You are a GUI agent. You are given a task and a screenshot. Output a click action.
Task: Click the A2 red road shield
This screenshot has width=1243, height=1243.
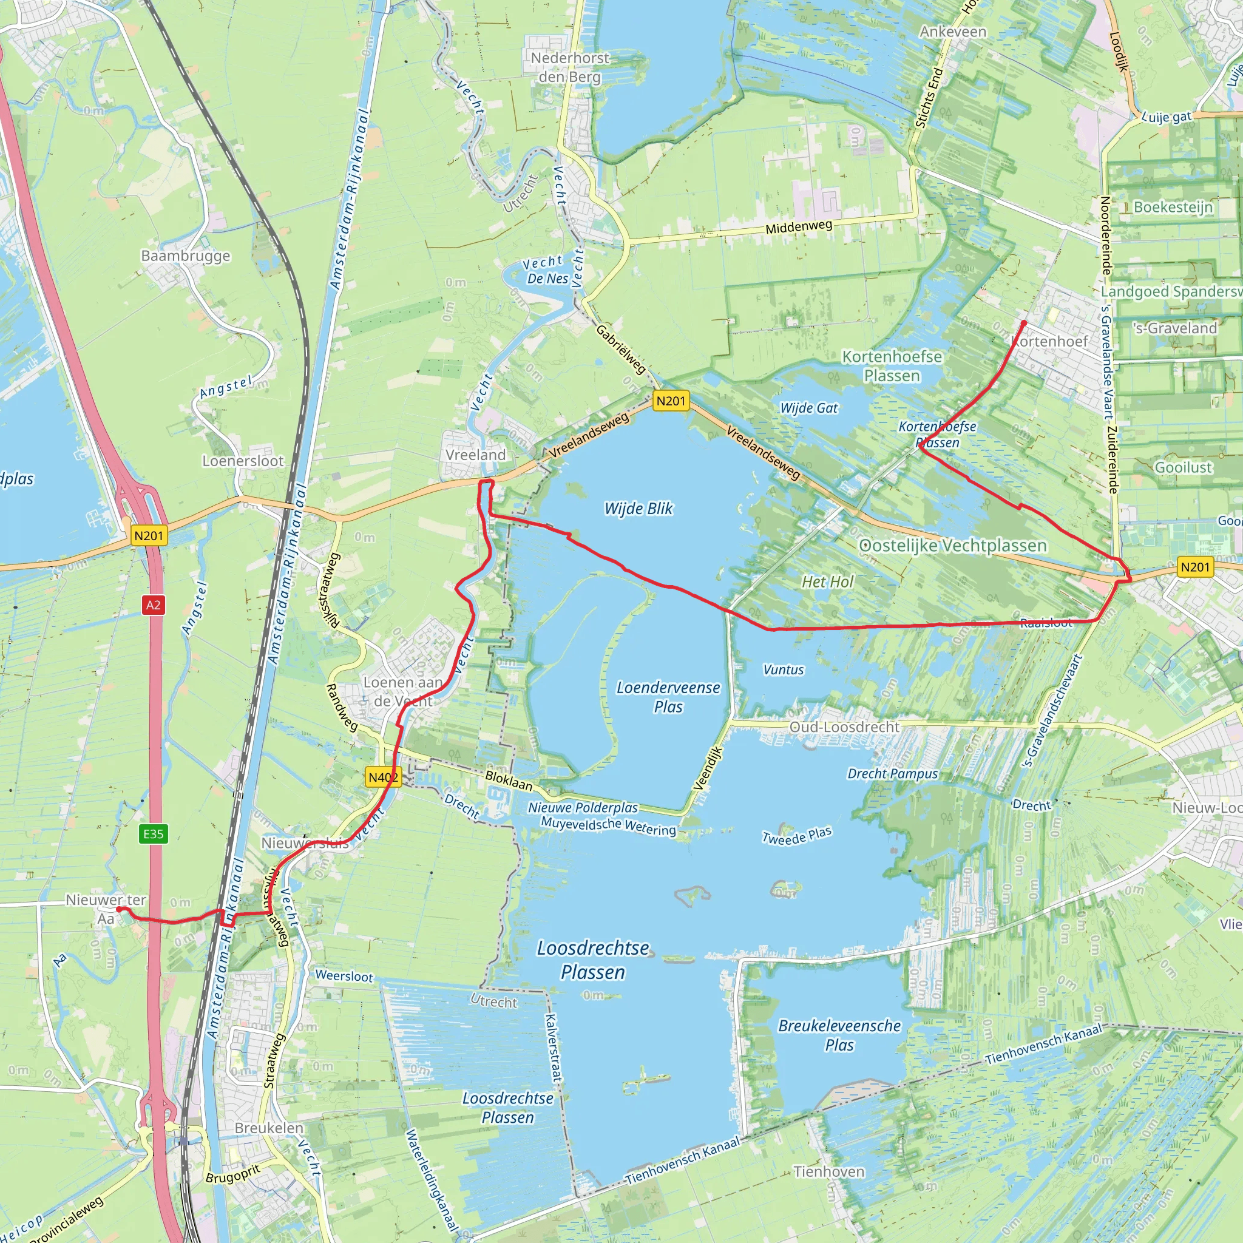click(153, 605)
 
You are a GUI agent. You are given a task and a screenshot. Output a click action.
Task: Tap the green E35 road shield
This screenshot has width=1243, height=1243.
click(153, 834)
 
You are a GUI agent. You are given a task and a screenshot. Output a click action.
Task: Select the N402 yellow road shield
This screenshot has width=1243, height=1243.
click(384, 777)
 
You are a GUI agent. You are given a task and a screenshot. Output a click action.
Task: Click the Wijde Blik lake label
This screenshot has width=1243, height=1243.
click(638, 508)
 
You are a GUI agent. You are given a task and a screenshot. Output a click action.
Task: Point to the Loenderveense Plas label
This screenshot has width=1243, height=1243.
click(668, 697)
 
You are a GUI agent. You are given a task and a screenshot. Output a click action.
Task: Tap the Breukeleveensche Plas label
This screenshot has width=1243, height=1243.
click(839, 1035)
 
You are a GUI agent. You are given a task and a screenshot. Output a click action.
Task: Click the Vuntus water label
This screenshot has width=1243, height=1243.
click(783, 670)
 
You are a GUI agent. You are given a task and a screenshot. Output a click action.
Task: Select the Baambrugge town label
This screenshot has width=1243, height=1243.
click(185, 256)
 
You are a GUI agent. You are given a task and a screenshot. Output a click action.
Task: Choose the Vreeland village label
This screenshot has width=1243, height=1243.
click(475, 455)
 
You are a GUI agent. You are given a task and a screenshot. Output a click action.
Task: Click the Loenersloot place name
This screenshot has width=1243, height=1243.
click(243, 461)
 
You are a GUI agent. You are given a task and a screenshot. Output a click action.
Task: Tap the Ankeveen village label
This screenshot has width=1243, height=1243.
click(952, 32)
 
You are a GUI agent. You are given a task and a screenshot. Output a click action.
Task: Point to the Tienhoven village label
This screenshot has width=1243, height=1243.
click(828, 1171)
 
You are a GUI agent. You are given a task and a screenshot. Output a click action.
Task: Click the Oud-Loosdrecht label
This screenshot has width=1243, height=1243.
click(844, 727)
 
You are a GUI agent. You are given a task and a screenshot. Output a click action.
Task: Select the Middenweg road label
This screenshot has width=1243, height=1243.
click(799, 226)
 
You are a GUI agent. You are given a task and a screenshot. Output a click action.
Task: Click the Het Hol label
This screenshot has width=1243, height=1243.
click(827, 581)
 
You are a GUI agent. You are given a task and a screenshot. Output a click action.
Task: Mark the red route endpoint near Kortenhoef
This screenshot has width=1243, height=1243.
click(1024, 322)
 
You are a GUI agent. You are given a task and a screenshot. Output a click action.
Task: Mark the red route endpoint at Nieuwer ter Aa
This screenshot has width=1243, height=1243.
click(119, 909)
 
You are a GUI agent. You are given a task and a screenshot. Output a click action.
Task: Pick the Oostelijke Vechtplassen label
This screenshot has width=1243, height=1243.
click(953, 546)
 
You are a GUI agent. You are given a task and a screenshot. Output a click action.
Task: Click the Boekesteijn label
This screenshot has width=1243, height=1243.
click(1173, 207)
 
